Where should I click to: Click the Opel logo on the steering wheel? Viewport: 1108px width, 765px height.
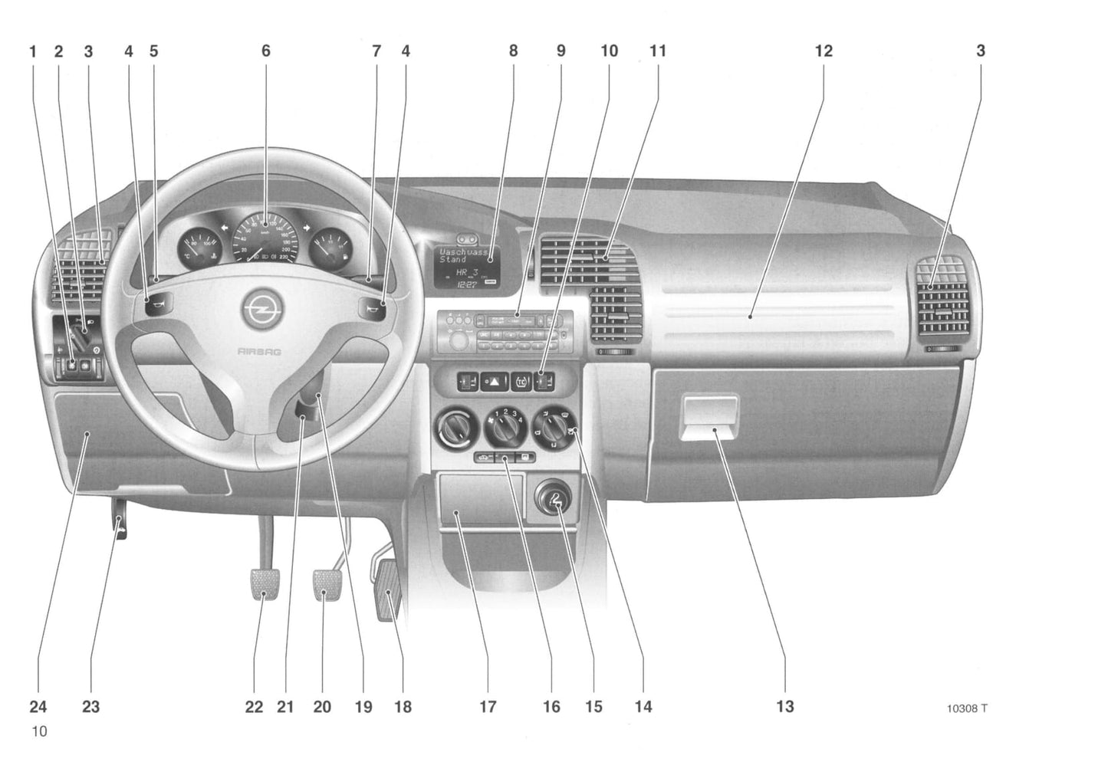click(x=263, y=310)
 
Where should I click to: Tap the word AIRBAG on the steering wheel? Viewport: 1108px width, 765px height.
click(x=258, y=351)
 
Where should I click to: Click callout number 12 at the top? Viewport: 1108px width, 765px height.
click(x=823, y=51)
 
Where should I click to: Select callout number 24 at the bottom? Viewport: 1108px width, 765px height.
click(x=38, y=706)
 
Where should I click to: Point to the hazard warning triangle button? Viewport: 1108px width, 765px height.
click(x=495, y=381)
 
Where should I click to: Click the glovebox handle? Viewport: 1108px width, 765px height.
click(x=709, y=419)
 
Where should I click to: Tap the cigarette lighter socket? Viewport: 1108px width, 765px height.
click(x=551, y=501)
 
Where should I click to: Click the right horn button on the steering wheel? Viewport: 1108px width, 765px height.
click(x=370, y=310)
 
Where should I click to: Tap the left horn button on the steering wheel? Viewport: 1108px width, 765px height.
click(x=156, y=309)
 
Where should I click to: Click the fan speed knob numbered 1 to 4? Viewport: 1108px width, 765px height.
click(x=504, y=428)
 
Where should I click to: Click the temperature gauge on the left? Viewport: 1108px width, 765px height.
click(x=199, y=248)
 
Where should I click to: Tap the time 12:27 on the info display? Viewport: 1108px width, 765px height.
click(x=466, y=284)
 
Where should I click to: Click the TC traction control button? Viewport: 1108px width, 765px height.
click(x=520, y=381)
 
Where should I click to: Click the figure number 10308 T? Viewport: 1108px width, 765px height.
click(x=966, y=708)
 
